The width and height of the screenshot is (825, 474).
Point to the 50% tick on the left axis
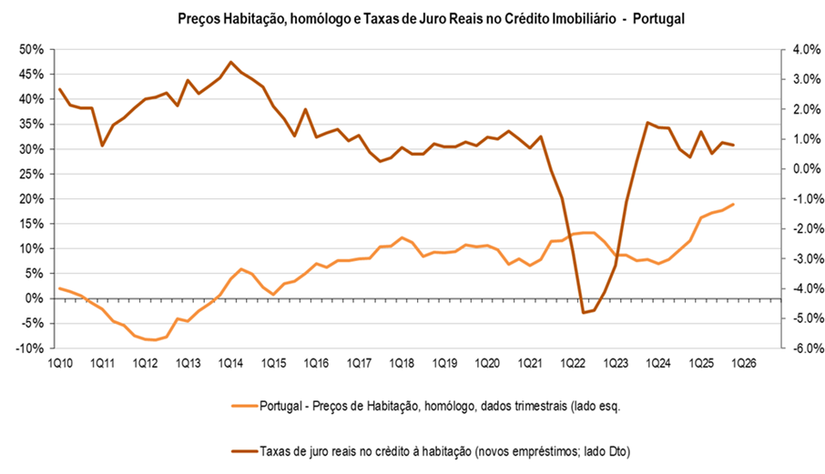(32, 49)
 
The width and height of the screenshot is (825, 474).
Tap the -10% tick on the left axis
(30, 348)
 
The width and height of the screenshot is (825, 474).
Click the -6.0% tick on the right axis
(803, 348)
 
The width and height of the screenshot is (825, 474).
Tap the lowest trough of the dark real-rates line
(583, 313)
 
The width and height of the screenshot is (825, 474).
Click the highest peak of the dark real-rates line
(230, 62)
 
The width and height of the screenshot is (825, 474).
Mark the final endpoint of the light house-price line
(734, 204)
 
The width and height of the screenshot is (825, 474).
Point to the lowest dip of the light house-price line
(156, 340)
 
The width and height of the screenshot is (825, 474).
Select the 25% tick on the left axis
(32, 174)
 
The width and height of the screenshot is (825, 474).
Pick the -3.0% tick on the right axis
(803, 258)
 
